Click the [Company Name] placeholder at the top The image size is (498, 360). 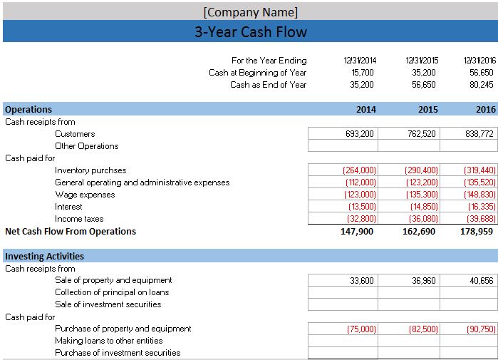click(x=250, y=12)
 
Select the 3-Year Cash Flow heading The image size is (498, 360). click(x=250, y=32)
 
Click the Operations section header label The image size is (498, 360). click(x=28, y=110)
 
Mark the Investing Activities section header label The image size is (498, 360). click(x=44, y=257)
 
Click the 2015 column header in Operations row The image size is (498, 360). click(x=427, y=110)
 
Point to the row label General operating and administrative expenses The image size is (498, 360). click(x=142, y=182)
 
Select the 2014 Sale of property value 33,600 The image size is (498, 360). click(x=362, y=281)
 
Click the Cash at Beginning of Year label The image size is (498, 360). click(x=257, y=73)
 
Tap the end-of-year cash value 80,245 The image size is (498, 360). click(x=481, y=85)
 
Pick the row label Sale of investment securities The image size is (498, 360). click(x=108, y=304)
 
